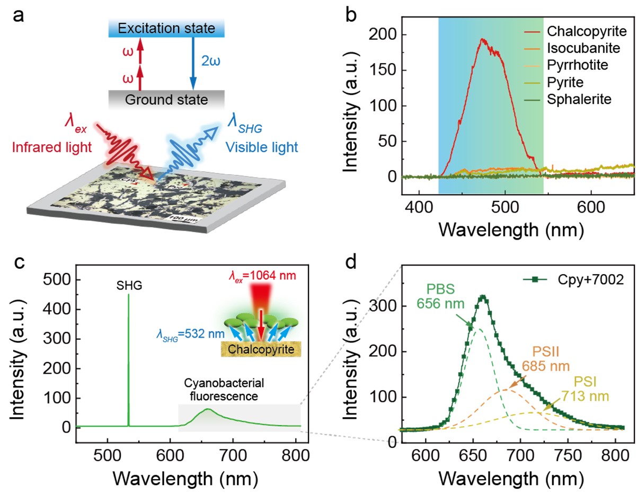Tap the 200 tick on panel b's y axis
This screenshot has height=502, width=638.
tap(404, 36)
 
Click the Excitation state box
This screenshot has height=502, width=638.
tap(166, 29)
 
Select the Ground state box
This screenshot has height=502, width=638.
tap(166, 99)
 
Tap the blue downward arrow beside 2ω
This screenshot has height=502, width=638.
tap(192, 63)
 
